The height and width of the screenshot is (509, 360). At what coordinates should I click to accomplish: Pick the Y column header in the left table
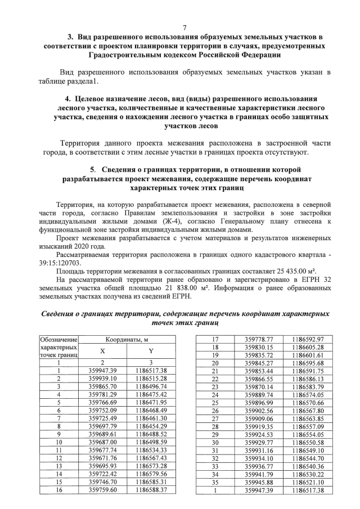tap(151, 352)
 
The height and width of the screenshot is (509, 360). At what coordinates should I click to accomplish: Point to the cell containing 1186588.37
tap(151, 490)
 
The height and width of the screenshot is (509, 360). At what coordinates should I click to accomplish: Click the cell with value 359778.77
tap(259, 340)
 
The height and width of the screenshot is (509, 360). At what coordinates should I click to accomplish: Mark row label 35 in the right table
tap(214, 482)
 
